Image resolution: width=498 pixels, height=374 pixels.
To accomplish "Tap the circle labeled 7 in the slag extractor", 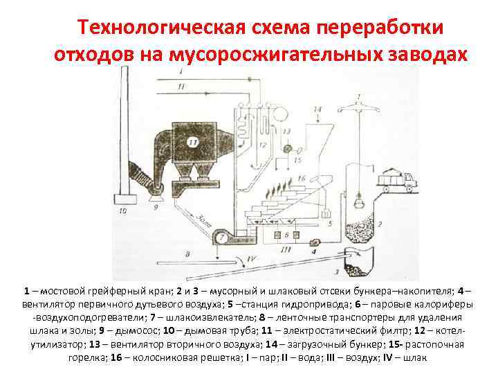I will (221, 238).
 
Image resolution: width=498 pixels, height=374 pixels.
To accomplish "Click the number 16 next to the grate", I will (300, 179).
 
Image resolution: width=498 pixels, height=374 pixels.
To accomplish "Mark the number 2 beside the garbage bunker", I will (380, 224).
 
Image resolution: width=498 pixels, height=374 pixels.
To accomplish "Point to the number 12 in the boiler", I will (264, 145).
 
